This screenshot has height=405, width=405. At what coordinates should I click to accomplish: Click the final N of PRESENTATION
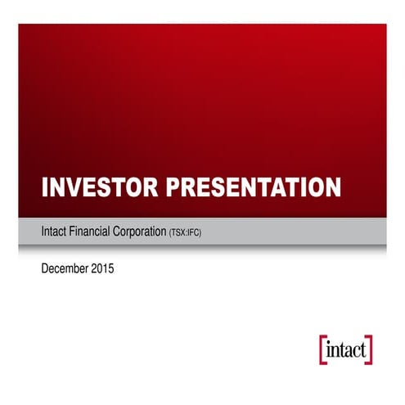tap(331, 187)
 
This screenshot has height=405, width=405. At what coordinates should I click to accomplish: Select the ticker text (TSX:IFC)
tap(185, 234)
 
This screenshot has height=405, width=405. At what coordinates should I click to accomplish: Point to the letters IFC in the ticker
tap(194, 234)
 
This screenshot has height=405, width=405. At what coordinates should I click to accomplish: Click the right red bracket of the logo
tap(371, 348)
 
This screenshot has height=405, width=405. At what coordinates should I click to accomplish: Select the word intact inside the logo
tap(345, 348)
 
